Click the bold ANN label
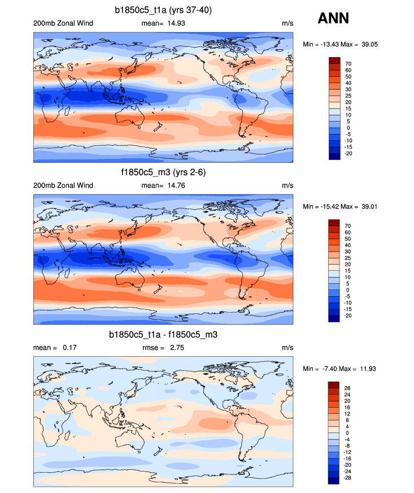point(333,18)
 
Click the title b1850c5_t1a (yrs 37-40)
point(163,10)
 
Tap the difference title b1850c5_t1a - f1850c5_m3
point(163,335)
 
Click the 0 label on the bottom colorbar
point(347,433)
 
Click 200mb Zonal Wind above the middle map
point(63,185)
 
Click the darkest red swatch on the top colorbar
point(334,60)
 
